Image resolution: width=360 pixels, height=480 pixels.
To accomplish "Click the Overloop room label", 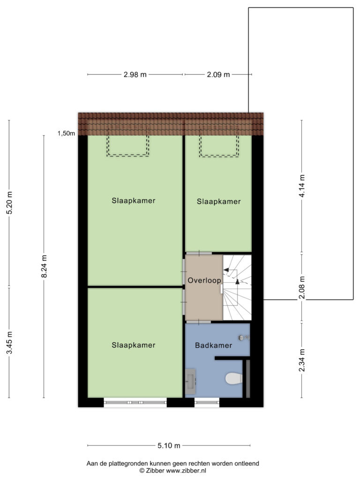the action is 204,280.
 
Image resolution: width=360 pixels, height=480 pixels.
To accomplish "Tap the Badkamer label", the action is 213,345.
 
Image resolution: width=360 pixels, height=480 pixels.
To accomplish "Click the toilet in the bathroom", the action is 234,378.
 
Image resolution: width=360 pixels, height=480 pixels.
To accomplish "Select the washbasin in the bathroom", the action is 190,381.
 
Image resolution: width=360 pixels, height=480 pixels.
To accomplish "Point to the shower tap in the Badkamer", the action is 244,337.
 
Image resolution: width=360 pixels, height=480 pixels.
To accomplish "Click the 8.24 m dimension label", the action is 45,266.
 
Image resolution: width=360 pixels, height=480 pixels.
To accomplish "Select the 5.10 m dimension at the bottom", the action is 169,445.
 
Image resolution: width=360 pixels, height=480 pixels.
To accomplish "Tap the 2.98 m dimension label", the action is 135,75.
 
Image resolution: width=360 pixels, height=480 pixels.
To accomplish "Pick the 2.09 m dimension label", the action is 218,75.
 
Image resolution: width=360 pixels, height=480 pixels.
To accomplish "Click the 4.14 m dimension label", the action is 302,186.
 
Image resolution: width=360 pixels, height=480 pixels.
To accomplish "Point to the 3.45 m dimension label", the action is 9,343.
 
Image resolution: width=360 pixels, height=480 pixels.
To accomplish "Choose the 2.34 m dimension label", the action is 302,360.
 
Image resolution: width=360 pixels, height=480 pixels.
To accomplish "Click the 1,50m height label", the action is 66,134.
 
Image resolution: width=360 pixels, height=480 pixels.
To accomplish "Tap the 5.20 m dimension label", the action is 9,202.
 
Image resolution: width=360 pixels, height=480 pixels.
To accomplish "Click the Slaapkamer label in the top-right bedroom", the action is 218,202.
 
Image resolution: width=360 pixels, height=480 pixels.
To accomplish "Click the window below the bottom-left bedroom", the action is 135,402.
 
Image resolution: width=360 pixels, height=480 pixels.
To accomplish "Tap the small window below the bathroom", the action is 207,402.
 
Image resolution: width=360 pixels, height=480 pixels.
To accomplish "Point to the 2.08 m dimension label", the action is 302,288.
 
